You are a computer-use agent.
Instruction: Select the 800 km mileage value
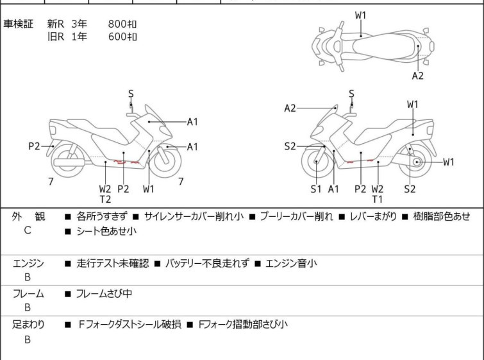pos(122,24)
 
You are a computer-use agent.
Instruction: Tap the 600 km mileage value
pos(122,37)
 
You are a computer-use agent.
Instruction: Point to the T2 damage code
pos(105,199)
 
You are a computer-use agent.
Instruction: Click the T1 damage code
pos(378,199)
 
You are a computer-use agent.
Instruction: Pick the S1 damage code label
pos(316,189)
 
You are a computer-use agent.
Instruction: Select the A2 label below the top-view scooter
pos(417,76)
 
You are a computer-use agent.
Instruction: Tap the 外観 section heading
pos(28,217)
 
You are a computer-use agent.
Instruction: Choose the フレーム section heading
pos(28,294)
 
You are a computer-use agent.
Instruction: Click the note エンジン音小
pos(290,263)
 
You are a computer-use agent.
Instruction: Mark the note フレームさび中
pos(104,294)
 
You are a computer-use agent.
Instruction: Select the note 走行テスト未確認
pos(112,263)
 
